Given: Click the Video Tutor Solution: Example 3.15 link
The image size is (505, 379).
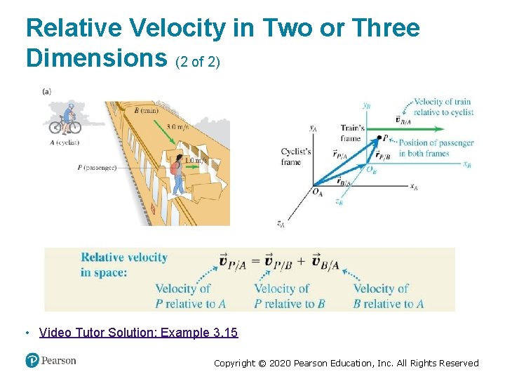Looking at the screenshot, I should [139, 333].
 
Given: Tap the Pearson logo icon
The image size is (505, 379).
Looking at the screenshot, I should [32, 360].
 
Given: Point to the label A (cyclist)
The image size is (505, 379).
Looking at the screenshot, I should [65, 141].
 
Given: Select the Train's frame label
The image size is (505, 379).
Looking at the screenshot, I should [352, 133].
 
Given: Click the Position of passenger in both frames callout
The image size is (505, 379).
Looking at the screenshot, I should [436, 148].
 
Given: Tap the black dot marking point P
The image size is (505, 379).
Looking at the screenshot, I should [379, 138].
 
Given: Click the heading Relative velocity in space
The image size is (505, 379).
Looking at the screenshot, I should [124, 264].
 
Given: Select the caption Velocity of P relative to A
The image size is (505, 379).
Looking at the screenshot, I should [190, 296].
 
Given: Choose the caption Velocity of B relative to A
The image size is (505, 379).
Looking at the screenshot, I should [388, 296].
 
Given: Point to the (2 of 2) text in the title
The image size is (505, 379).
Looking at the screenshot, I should [197, 62].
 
